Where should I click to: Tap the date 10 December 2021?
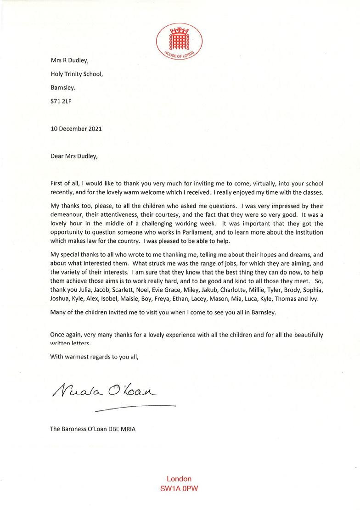point(76,129)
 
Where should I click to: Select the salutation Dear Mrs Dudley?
point(74,155)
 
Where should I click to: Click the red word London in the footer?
point(179,479)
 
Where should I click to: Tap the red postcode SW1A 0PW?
point(179,489)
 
